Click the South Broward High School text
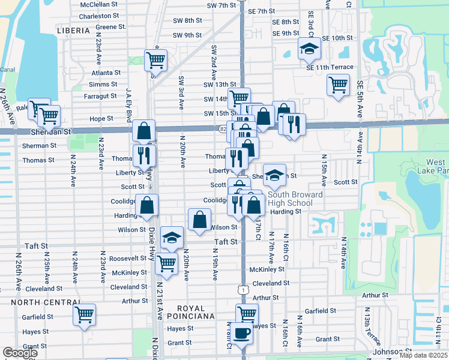pos(295,199)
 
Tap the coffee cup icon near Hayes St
pos(243,332)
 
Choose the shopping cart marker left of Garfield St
pos(84,313)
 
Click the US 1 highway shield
pos(242,290)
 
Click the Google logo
pos(20,353)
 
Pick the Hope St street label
pos(101,119)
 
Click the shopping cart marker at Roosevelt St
pos(166,262)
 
